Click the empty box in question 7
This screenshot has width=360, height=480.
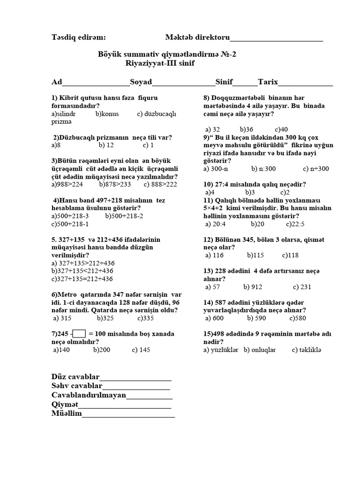pos(79,334)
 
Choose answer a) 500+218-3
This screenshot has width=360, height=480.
pos(70,216)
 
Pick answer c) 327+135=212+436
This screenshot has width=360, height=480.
pos(82,278)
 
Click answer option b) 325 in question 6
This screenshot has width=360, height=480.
pos(106,318)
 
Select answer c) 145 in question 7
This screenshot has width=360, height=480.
pos(141,350)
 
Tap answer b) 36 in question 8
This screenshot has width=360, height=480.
pos(246,129)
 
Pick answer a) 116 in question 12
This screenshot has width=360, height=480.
pos(214,255)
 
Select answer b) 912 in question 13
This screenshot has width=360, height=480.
pos(253,287)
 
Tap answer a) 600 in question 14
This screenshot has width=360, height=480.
pos(214,318)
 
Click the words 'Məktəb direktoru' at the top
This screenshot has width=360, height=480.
pos(197,37)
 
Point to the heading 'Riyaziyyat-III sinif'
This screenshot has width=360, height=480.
pos(160,63)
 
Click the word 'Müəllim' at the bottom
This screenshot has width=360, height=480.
pos(67,413)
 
